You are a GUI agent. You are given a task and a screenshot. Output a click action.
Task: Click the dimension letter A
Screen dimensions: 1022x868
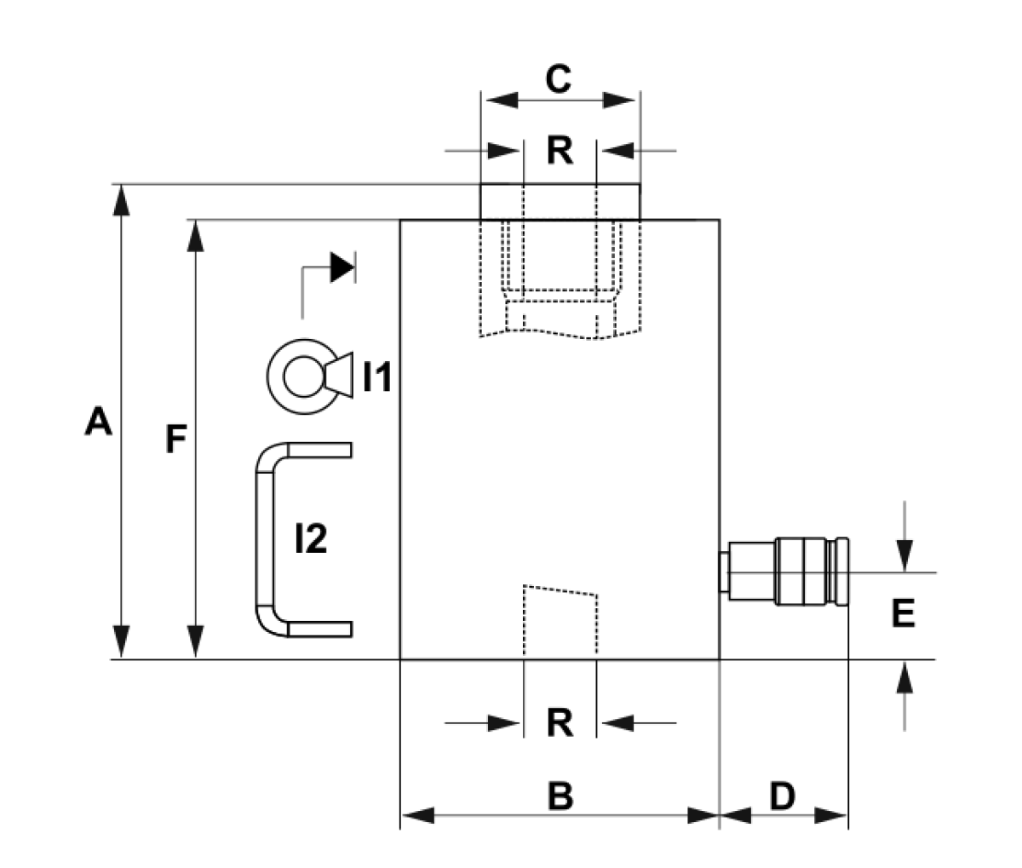point(99,421)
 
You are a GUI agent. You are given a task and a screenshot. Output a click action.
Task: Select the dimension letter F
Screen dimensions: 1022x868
point(176,439)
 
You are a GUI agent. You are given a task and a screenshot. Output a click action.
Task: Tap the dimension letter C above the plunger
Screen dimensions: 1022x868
point(558,78)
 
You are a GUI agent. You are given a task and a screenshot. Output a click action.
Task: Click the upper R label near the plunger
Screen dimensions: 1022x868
point(560,151)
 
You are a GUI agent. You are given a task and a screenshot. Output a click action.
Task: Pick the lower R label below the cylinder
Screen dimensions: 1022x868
point(560,722)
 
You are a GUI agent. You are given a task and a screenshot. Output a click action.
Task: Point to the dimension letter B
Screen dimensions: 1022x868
point(560,796)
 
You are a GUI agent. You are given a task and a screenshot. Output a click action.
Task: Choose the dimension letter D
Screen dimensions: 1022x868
point(783,796)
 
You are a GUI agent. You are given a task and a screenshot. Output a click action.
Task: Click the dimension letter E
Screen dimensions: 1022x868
point(903,613)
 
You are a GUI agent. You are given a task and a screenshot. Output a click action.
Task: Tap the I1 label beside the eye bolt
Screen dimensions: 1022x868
point(377,377)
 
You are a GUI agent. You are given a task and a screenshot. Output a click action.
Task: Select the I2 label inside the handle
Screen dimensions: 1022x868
point(311,538)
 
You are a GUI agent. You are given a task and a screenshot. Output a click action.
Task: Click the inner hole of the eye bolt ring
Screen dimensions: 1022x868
point(303,377)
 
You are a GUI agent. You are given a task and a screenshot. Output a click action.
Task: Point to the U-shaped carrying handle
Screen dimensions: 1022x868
point(264,539)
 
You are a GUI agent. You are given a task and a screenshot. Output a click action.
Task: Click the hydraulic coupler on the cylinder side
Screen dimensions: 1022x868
point(784,572)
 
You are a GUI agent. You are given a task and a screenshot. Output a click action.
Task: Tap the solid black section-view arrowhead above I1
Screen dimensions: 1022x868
point(342,267)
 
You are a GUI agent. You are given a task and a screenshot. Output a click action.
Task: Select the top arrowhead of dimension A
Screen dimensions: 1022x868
point(121,200)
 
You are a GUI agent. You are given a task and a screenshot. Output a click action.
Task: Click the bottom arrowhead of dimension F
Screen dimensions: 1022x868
point(196,641)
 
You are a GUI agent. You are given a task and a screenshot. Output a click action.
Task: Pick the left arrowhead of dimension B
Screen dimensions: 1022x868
point(418,815)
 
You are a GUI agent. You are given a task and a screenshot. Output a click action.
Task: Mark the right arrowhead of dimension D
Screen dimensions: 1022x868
point(831,815)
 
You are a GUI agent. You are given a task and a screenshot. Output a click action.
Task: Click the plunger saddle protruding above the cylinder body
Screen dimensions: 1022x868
point(560,201)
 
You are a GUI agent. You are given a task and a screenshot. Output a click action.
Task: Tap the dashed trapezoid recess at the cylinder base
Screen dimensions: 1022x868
point(560,622)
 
